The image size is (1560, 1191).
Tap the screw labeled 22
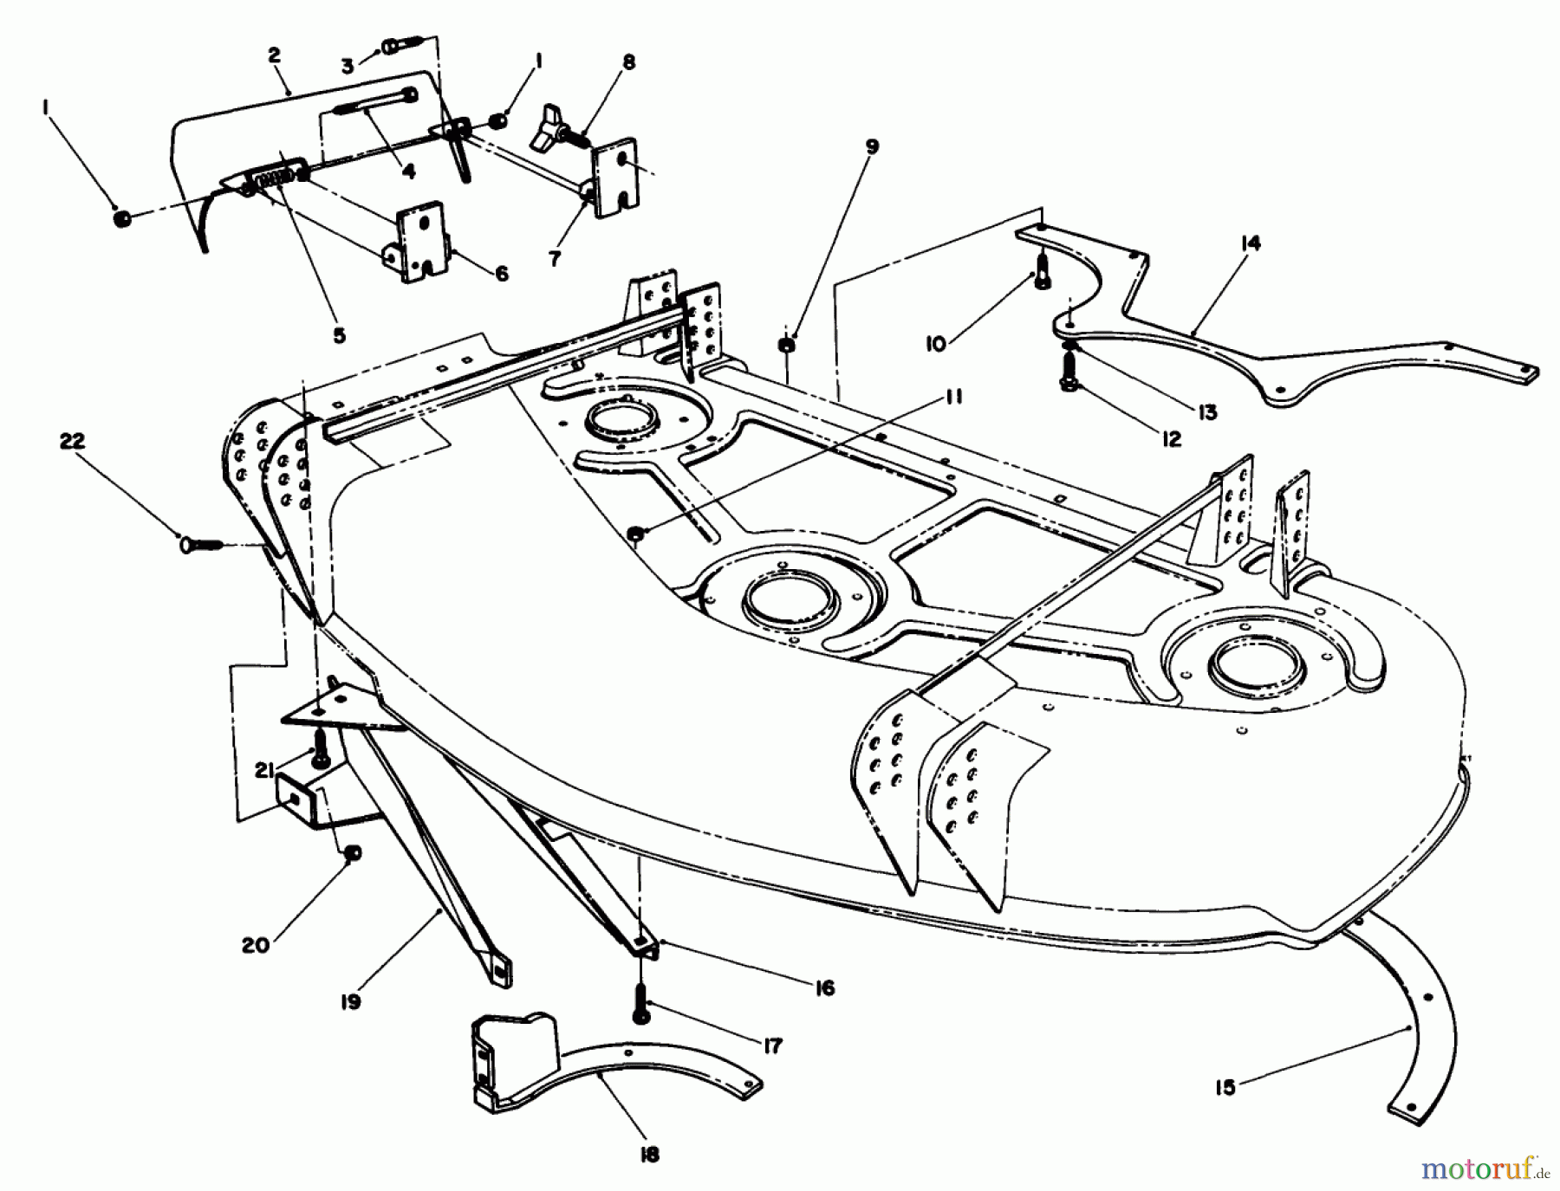coord(198,545)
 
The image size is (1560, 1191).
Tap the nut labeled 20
coord(353,854)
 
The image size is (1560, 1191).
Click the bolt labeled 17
coord(640,1004)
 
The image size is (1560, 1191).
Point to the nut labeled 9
coord(787,345)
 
